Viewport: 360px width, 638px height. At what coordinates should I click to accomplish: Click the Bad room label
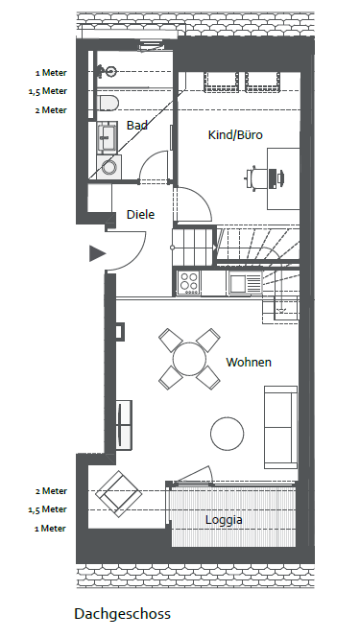pyautogui.click(x=137, y=126)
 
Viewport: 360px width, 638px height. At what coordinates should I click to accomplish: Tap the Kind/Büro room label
pyautogui.click(x=235, y=134)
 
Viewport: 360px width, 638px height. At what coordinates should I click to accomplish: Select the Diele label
pyautogui.click(x=140, y=215)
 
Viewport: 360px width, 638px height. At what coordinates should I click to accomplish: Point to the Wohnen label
pyautogui.click(x=249, y=362)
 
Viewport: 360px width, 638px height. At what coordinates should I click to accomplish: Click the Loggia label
pyautogui.click(x=224, y=520)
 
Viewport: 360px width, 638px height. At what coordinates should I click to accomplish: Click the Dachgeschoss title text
pyautogui.click(x=122, y=614)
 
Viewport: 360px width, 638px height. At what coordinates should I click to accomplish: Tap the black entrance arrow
pyautogui.click(x=97, y=253)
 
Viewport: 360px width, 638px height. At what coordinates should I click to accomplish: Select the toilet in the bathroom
pyautogui.click(x=108, y=103)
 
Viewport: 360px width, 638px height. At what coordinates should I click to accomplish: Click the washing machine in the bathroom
pyautogui.click(x=108, y=167)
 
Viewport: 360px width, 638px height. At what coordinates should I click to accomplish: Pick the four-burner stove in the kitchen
pyautogui.click(x=188, y=282)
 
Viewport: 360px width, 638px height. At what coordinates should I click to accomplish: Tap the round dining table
pyautogui.click(x=189, y=359)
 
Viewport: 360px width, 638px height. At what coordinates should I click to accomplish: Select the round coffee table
pyautogui.click(x=227, y=434)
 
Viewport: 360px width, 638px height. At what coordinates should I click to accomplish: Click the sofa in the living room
pyautogui.click(x=280, y=427)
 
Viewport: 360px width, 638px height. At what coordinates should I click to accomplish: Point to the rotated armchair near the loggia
pyautogui.click(x=118, y=494)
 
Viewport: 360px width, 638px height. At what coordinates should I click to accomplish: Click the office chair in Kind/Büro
pyautogui.click(x=254, y=177)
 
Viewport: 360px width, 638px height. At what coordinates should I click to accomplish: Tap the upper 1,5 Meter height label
pyautogui.click(x=48, y=91)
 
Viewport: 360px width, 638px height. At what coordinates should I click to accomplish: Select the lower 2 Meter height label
pyautogui.click(x=51, y=491)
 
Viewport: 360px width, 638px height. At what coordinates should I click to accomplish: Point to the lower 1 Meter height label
pyautogui.click(x=51, y=529)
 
